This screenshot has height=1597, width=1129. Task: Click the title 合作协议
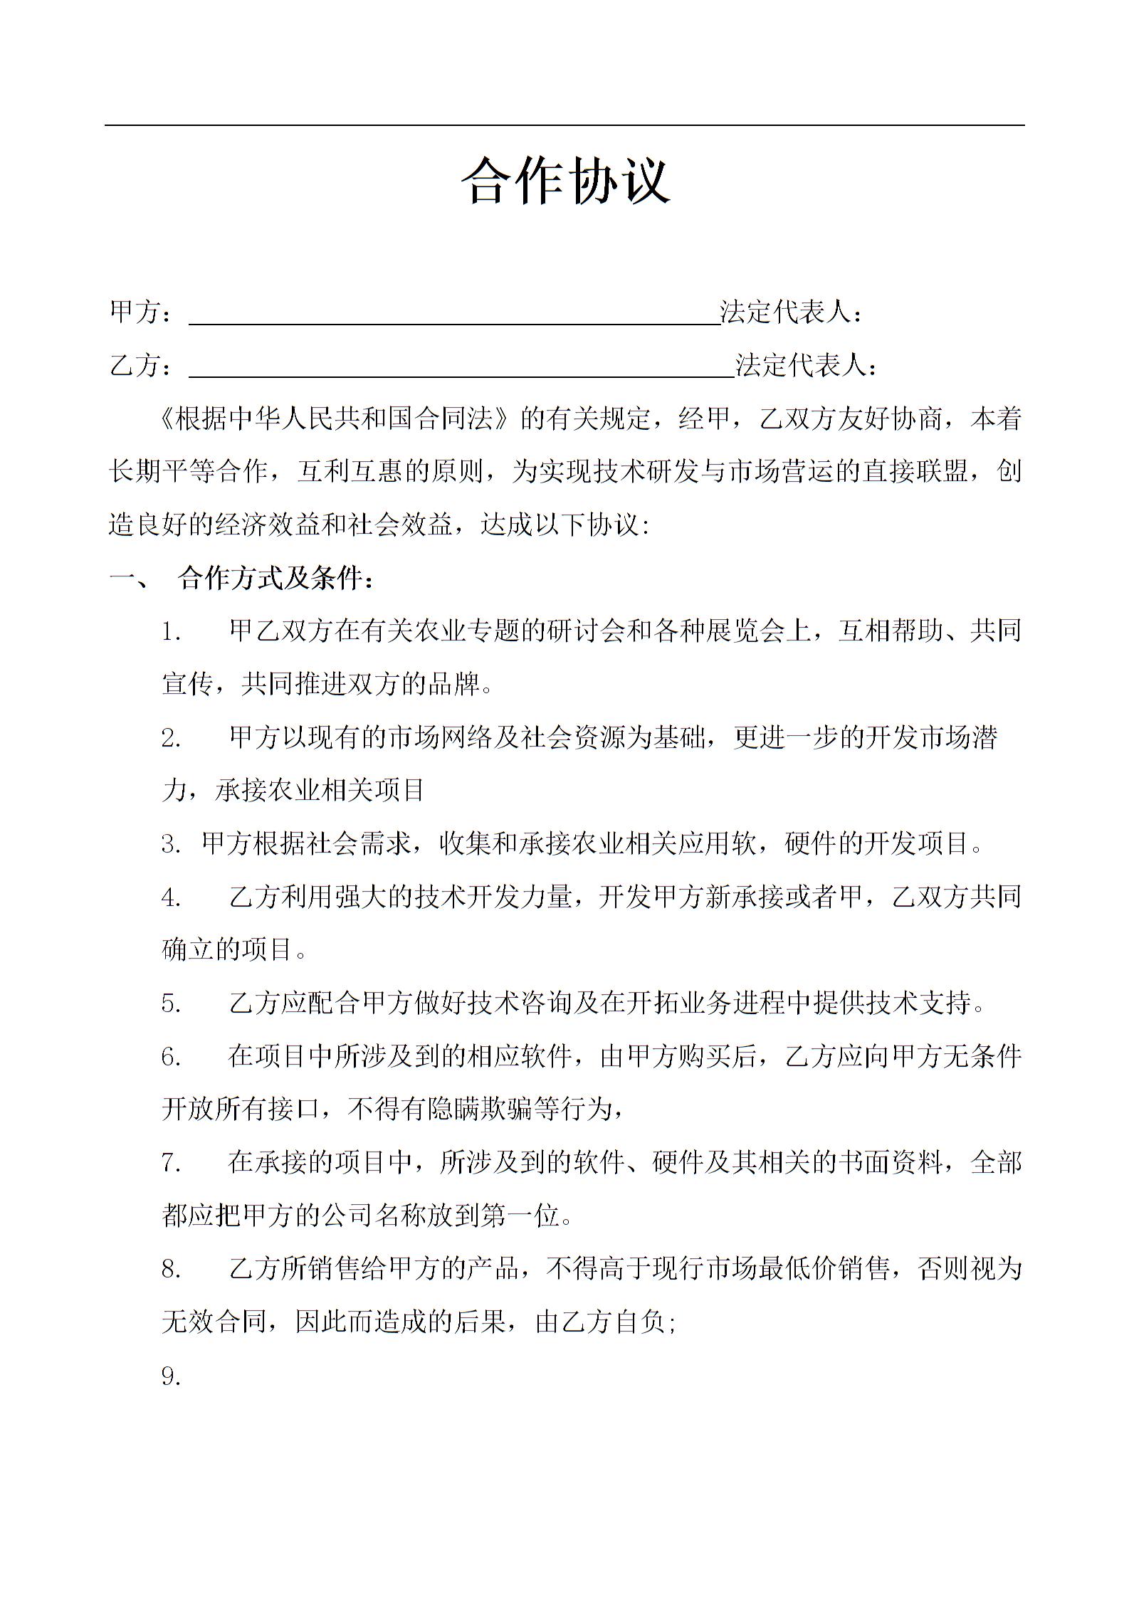point(565,181)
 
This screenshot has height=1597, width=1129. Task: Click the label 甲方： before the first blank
point(142,312)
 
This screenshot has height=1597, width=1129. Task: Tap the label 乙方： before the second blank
point(142,366)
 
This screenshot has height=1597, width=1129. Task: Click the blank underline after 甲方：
point(454,322)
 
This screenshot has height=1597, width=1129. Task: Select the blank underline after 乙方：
point(461,374)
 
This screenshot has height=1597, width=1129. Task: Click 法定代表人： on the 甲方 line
point(792,312)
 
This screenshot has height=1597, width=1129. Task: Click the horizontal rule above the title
point(564,126)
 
